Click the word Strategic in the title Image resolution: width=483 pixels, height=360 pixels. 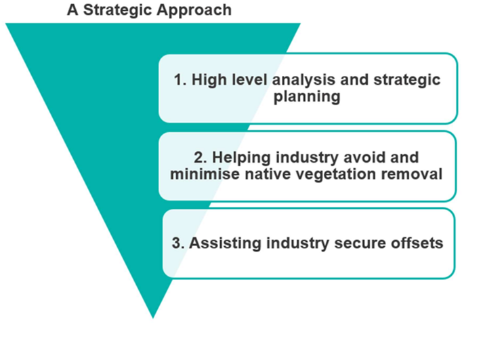click(x=118, y=11)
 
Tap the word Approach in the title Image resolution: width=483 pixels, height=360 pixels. click(x=194, y=11)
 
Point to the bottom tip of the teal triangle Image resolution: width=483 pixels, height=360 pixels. click(x=153, y=318)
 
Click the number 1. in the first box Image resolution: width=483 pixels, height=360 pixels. click(x=180, y=80)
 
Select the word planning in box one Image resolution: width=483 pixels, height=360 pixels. click(x=307, y=97)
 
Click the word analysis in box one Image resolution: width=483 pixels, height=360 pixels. click(x=303, y=81)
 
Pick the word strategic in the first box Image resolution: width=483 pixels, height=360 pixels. click(x=407, y=81)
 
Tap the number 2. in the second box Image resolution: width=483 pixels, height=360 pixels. click(x=201, y=158)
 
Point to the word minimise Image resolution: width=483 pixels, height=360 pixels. click(x=205, y=174)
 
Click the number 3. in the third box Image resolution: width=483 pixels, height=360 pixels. click(x=178, y=243)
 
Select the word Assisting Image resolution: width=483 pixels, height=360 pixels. click(x=225, y=244)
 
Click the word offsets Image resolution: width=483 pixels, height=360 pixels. click(x=417, y=243)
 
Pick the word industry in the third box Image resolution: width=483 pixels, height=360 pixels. click(x=297, y=244)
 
